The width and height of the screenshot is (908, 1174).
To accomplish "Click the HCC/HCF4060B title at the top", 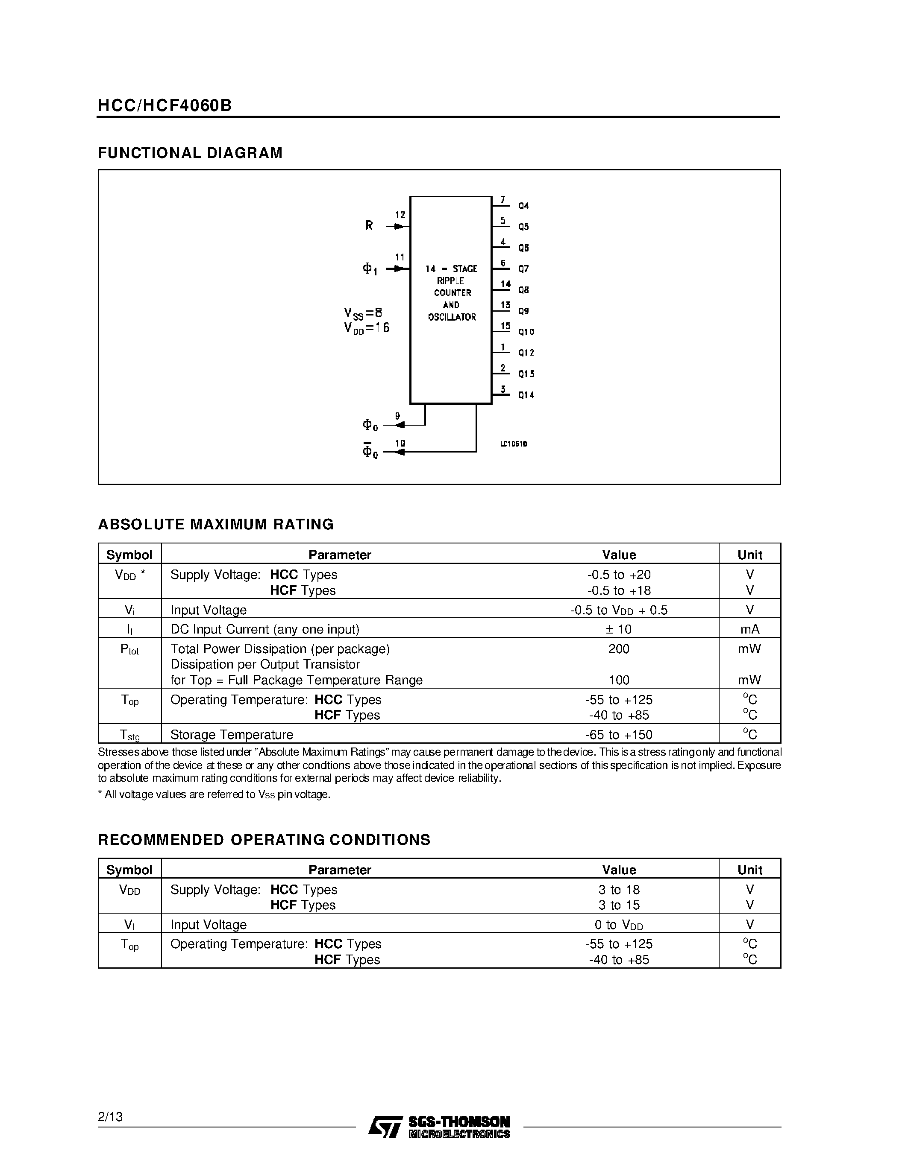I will tap(165, 105).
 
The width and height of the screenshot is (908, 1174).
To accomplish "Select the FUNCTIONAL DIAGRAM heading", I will tap(190, 153).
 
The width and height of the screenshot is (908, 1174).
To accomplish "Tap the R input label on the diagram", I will tap(369, 226).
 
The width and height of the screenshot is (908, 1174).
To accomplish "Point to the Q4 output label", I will tap(523, 206).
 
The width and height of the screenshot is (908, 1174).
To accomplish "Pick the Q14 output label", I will tap(526, 395).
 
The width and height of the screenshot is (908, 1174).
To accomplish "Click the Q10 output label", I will tap(526, 332).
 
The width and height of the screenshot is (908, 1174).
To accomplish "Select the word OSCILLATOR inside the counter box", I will tap(452, 317).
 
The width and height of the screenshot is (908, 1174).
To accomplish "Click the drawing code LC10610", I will tap(514, 444).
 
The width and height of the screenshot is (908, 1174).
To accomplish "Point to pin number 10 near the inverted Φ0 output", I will tap(400, 444).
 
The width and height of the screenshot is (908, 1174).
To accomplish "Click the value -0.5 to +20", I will tap(619, 575).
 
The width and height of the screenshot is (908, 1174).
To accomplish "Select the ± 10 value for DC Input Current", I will tap(619, 629).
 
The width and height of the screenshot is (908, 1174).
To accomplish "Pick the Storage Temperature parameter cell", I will tap(232, 734).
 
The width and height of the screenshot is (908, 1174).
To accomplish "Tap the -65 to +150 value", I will tap(619, 734).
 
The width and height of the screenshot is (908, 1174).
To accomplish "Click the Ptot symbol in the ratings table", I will tap(129, 649).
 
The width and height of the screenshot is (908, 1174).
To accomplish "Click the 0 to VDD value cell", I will tap(619, 925).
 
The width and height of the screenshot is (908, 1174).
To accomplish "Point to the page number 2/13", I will tap(110, 1117).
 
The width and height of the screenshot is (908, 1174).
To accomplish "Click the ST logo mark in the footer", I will tap(385, 1127).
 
